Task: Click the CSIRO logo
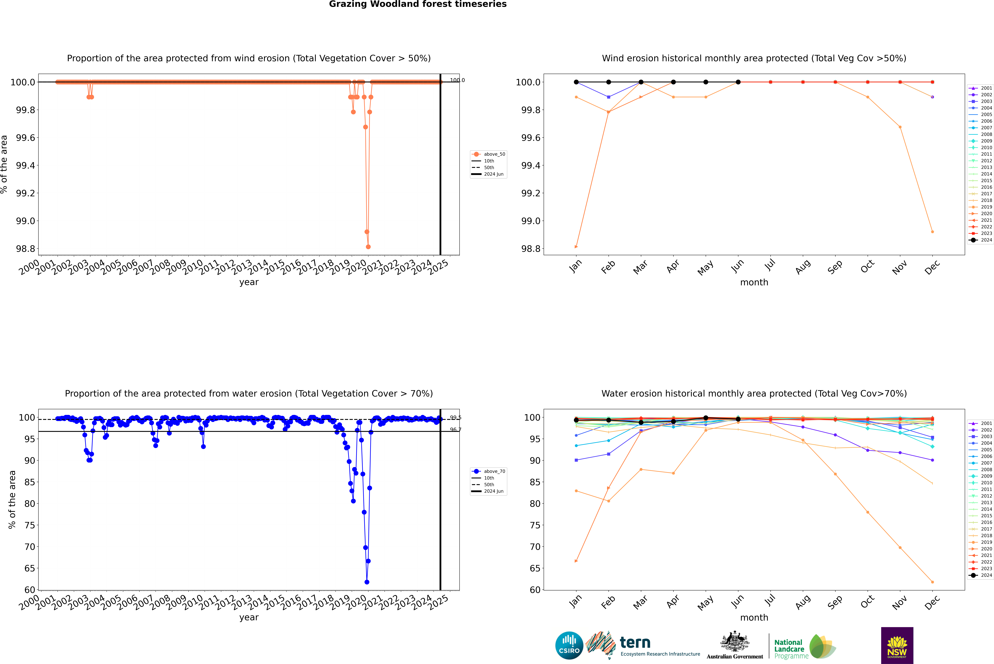569,645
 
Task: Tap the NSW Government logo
897,645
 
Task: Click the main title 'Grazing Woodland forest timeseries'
418,4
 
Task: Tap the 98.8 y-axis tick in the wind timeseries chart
25,249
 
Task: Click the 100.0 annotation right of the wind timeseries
457,80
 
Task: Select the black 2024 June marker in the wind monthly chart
738,82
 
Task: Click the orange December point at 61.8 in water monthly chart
932,582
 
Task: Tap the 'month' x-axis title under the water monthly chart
754,617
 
